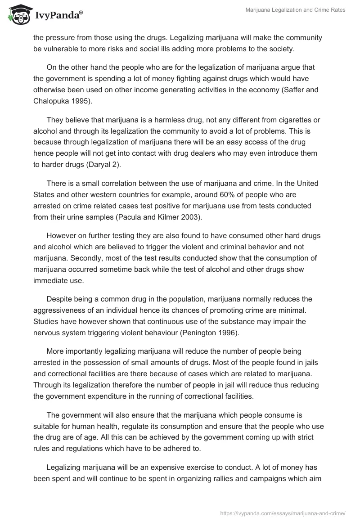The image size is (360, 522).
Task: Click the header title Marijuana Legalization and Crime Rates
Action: click(x=295, y=10)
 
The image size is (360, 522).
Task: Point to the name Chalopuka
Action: click(x=53, y=101)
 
